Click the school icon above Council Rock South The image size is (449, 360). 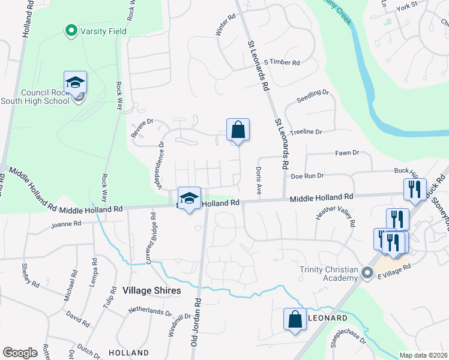click(x=76, y=82)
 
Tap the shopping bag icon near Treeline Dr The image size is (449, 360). click(x=238, y=130)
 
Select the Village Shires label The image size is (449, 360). click(x=151, y=290)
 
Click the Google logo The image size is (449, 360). click(x=20, y=353)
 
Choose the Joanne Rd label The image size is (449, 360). click(x=65, y=224)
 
